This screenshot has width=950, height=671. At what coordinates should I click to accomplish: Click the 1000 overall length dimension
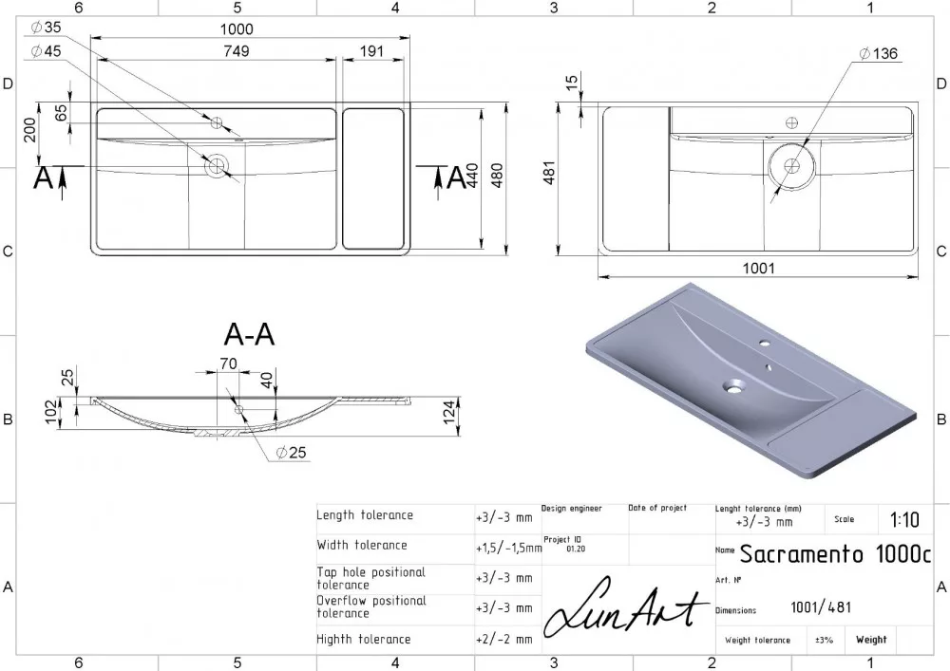pyautogui.click(x=237, y=29)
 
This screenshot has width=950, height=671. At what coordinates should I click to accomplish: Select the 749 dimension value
pyautogui.click(x=237, y=51)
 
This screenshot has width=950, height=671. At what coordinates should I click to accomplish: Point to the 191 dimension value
pyautogui.click(x=371, y=51)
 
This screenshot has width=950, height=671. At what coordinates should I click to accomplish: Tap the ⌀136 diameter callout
pyautogui.click(x=879, y=53)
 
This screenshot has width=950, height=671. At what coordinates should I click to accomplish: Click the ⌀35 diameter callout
pyautogui.click(x=46, y=27)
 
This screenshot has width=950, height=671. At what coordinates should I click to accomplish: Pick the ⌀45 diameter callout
pyautogui.click(x=46, y=51)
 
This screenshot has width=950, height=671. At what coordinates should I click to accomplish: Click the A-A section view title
pyautogui.click(x=249, y=334)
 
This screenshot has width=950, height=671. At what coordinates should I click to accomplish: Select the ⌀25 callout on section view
pyautogui.click(x=291, y=452)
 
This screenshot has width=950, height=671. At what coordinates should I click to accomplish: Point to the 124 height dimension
pyautogui.click(x=449, y=412)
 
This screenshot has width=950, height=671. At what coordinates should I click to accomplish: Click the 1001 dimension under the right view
pyautogui.click(x=758, y=268)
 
